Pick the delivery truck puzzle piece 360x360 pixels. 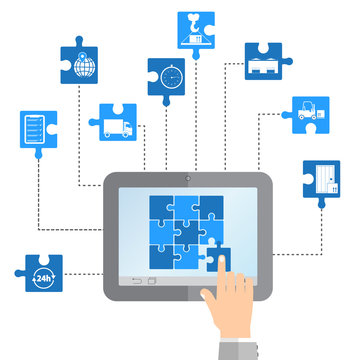tap(118, 124)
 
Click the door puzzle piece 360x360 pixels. tap(321, 181)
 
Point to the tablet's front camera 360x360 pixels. tap(187, 178)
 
